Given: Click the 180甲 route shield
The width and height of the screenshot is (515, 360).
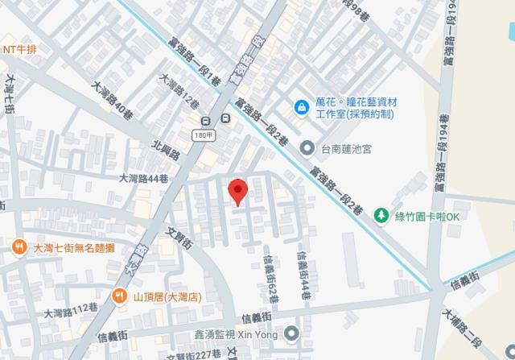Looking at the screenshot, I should [204, 135].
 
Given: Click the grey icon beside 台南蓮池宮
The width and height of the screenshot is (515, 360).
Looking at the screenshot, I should [307, 148].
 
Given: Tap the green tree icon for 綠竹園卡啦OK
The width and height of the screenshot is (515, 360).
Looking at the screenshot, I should [380, 216].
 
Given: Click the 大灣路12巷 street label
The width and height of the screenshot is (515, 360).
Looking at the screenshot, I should [179, 93].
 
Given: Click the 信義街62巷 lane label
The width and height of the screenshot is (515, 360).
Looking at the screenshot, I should [272, 279].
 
